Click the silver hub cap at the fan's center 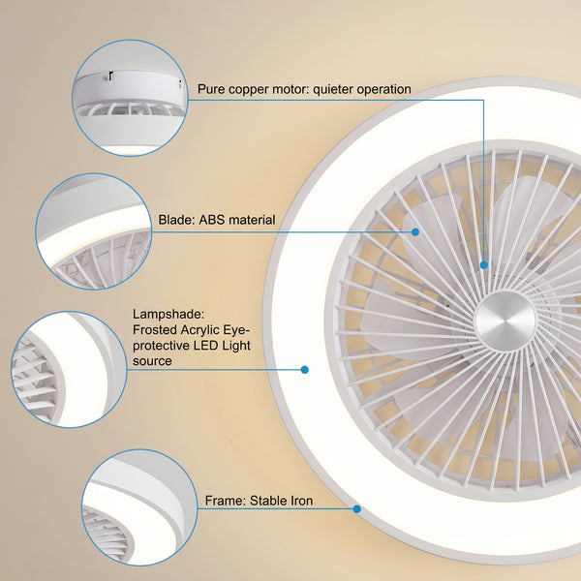[x=505, y=321]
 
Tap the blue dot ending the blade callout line [x=415, y=232]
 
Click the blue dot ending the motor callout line [x=484, y=265]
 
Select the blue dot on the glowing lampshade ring [x=305, y=370]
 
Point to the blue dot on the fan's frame [x=356, y=508]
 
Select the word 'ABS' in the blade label [x=212, y=220]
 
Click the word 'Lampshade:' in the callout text [x=168, y=315]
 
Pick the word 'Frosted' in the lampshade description [x=155, y=330]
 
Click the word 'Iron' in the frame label [x=302, y=501]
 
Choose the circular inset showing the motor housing [x=130, y=98]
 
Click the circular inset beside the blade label [x=94, y=231]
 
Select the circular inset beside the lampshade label [x=70, y=370]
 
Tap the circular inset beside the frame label [x=139, y=507]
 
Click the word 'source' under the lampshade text [x=152, y=361]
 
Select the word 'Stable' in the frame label [x=268, y=501]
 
